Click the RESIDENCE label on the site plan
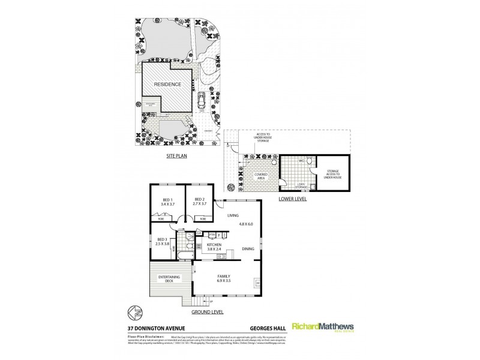click(x=168, y=85)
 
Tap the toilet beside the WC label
click(x=308, y=162)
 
